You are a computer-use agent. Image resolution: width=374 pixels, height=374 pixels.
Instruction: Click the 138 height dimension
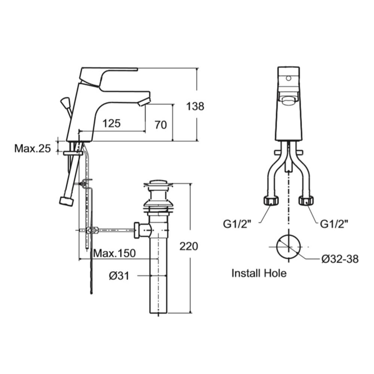tap(195, 106)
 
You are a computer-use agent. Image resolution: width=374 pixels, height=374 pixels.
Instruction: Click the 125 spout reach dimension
tap(111, 123)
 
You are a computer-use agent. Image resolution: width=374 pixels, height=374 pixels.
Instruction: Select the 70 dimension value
tap(160, 125)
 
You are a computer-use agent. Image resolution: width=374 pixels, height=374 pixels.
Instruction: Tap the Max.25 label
tap(33, 148)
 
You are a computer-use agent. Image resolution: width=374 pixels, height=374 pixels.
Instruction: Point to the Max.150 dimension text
tap(114, 253)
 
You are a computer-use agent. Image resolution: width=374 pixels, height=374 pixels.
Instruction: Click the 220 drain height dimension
tap(188, 246)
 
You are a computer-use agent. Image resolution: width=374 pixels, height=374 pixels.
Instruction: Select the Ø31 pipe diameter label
tap(119, 276)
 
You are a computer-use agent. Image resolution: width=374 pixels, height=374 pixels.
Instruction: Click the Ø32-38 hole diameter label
tap(340, 259)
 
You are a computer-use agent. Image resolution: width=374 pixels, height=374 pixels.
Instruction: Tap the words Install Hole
tap(259, 273)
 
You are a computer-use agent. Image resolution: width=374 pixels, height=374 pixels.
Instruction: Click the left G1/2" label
tap(237, 224)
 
